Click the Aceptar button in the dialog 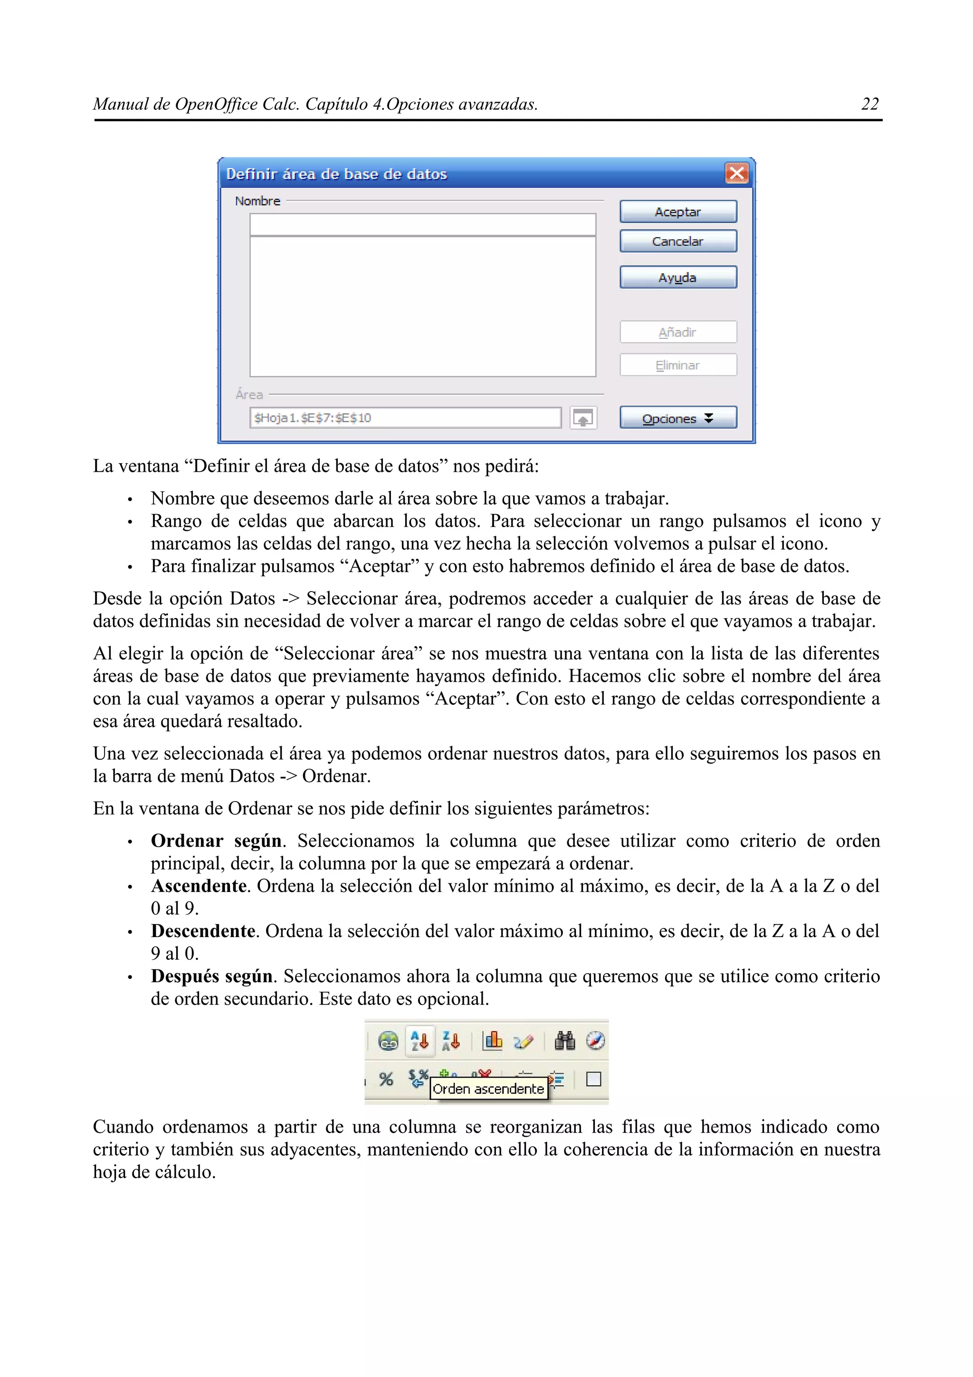click(677, 212)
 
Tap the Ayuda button click(677, 277)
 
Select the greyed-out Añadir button click(677, 332)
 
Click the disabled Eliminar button click(677, 365)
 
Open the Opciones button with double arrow click(677, 418)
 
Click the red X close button click(736, 174)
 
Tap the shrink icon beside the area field click(583, 418)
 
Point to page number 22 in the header click(869, 105)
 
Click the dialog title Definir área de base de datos click(336, 174)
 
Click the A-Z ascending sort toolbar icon click(420, 1041)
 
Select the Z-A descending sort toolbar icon click(450, 1041)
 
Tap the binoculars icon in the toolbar click(564, 1041)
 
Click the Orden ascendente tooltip click(488, 1089)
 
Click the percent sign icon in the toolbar click(386, 1080)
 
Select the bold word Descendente click(203, 931)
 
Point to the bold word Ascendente click(199, 886)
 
